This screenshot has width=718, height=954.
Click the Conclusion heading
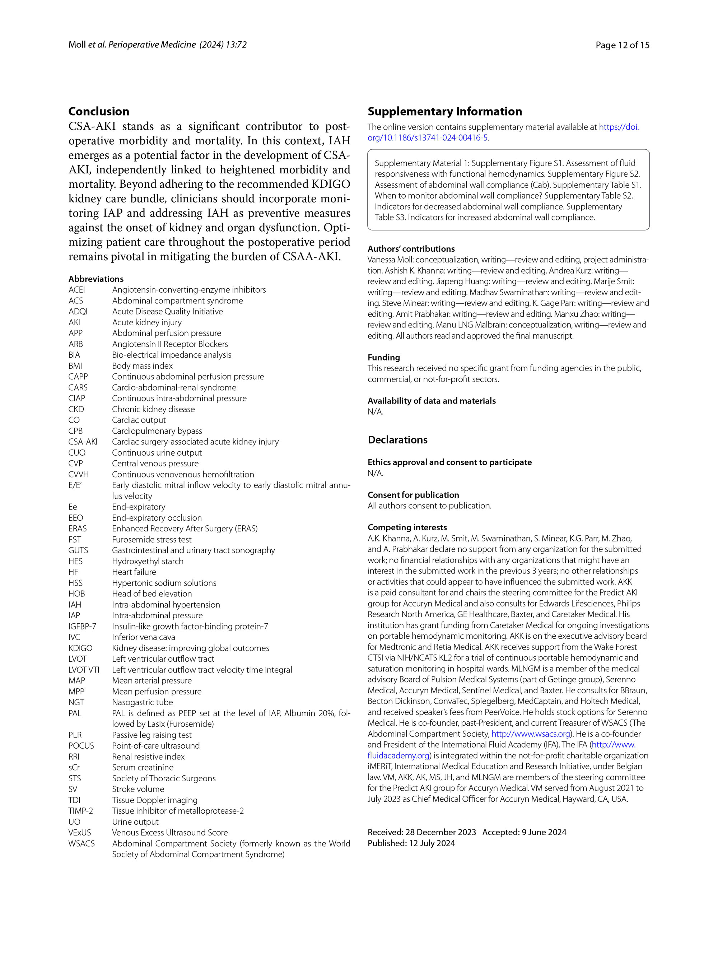click(x=99, y=111)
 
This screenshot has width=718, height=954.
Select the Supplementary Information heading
click(x=444, y=111)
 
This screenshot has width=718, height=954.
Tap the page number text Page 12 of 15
click(x=622, y=45)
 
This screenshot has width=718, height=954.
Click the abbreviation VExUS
click(x=80, y=832)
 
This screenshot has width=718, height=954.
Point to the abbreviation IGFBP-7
click(x=82, y=626)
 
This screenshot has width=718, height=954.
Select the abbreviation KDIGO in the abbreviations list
click(x=80, y=648)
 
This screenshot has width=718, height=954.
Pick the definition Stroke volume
click(x=138, y=789)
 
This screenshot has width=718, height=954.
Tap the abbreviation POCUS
click(x=81, y=745)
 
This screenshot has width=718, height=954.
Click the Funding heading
click(x=384, y=357)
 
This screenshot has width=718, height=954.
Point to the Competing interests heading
click(x=407, y=527)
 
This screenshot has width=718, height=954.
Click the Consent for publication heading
click(x=413, y=495)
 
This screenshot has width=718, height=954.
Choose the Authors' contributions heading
click(x=411, y=248)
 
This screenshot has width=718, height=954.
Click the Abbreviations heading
click(x=96, y=279)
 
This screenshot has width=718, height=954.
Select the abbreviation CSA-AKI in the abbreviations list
click(x=83, y=442)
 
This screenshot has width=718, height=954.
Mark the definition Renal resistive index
click(x=148, y=757)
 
